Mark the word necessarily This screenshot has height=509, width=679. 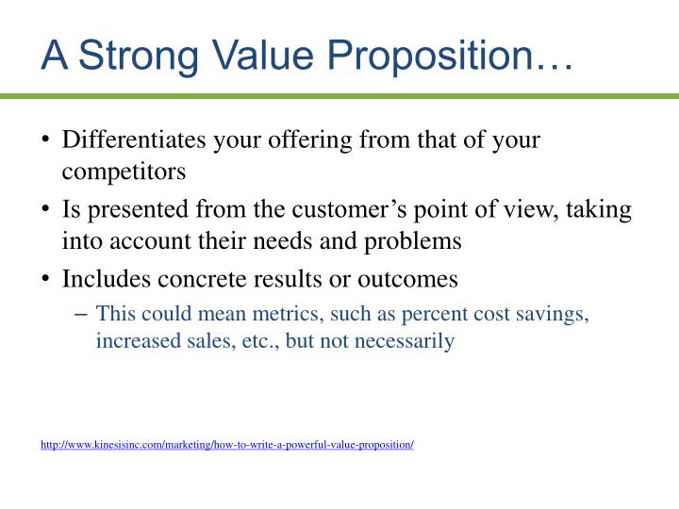click(406, 340)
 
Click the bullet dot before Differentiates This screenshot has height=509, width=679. click(46, 141)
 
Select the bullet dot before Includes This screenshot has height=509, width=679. click(46, 280)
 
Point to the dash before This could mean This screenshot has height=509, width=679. click(82, 315)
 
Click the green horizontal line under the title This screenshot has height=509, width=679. click(339, 95)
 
